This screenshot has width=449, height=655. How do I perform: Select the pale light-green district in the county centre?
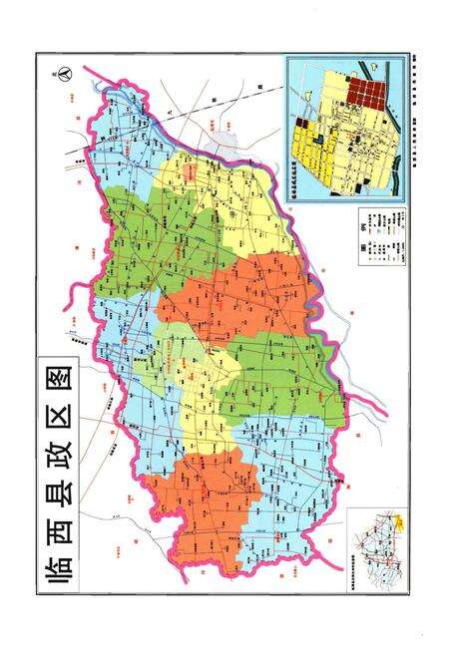click(x=180, y=339)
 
